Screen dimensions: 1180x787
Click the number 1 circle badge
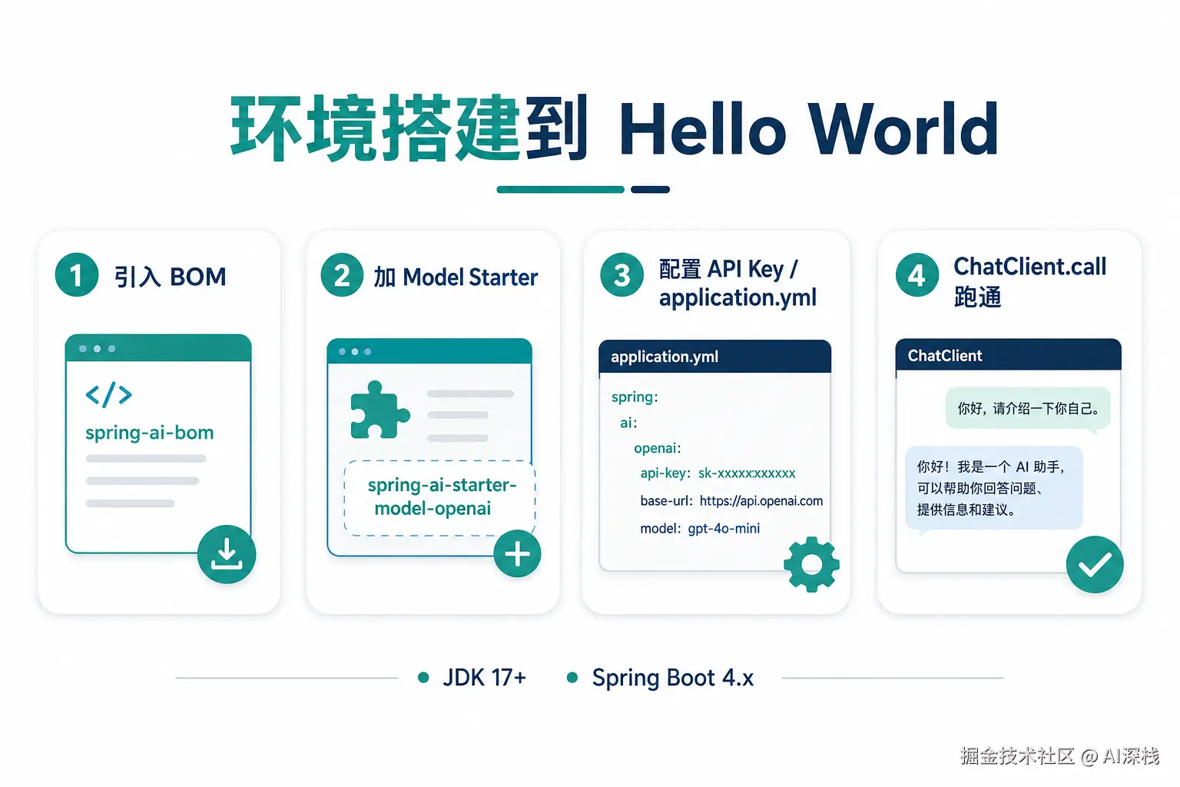76,274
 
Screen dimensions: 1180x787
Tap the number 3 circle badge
621,274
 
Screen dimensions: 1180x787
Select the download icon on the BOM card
227,554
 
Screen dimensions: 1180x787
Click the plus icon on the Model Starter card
517,553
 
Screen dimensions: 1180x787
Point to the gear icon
811,564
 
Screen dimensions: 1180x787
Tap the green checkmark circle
1095,565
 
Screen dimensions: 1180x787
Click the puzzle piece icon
380,410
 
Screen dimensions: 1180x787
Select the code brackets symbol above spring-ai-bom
108,395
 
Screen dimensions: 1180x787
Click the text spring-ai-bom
150,433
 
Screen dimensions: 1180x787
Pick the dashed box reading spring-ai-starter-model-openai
439,498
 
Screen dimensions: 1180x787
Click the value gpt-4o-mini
724,529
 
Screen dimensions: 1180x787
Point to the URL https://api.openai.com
761,501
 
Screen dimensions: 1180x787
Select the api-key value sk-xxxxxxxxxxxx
747,473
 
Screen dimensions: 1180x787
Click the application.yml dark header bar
715,357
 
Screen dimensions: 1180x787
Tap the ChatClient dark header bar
1008,355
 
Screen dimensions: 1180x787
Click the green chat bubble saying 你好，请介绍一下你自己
1028,409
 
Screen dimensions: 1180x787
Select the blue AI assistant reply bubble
994,488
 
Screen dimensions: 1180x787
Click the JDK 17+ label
484,677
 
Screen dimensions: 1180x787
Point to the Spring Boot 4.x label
673,678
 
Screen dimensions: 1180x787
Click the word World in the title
903,129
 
